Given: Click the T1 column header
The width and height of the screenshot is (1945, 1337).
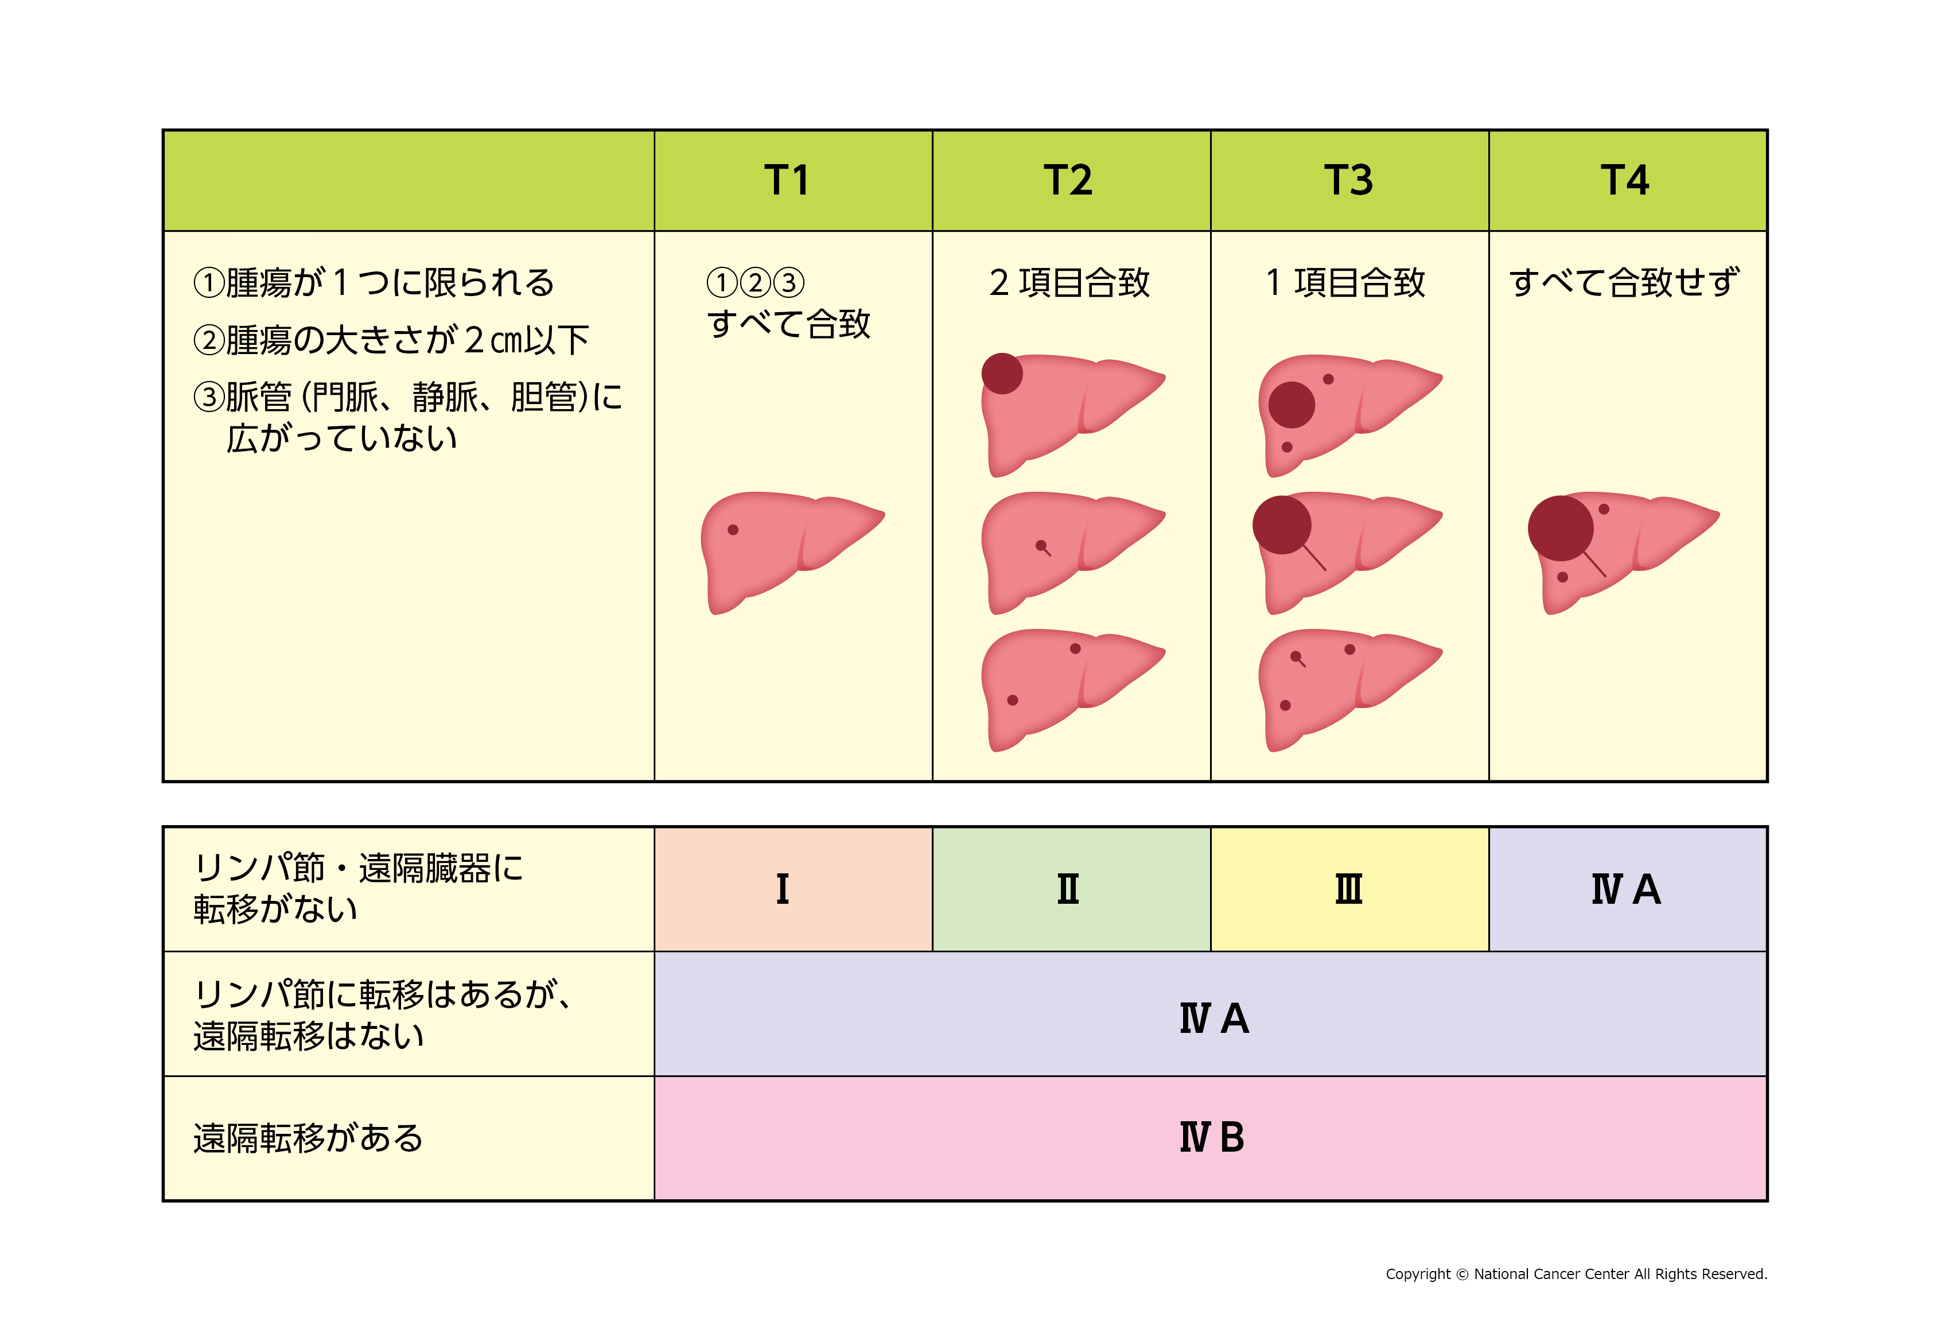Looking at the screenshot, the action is coord(787,180).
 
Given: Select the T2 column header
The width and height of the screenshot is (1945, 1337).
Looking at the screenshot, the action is coord(1068,180).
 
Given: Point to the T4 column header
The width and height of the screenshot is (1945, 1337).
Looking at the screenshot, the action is coord(1625,180).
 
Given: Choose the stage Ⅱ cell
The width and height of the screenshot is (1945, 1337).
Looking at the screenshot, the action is coord(1071,889).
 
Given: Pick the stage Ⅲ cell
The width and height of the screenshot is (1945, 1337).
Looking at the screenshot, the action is coord(1349,889).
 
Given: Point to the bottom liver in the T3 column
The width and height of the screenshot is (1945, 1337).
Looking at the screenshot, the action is coord(1349,689).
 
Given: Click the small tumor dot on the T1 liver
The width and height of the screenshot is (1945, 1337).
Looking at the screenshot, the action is coord(733,530).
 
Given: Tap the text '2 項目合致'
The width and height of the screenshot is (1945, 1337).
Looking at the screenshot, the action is coord(1069,283).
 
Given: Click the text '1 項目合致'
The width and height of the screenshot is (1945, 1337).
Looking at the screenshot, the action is coord(1345,283).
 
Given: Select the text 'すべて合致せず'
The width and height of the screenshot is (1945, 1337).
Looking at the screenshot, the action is coord(1625,283).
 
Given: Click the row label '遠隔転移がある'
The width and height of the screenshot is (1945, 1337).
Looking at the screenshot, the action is coord(308,1138).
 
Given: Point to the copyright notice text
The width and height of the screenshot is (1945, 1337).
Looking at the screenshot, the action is coord(1577,1274).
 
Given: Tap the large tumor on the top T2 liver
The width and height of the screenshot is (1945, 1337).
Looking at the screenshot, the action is coord(1002,374).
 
